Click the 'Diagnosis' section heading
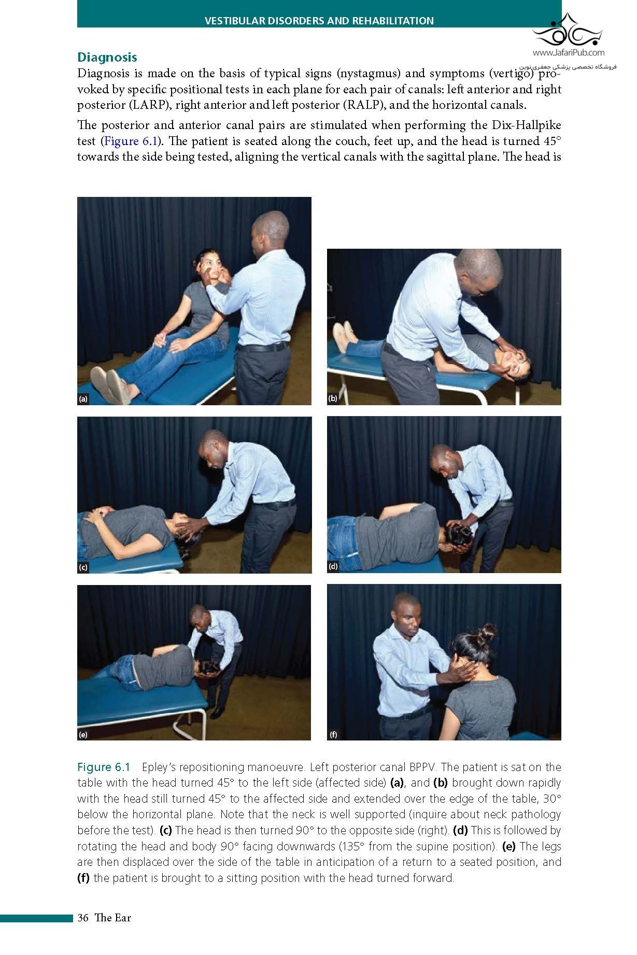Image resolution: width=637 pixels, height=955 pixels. pos(107,57)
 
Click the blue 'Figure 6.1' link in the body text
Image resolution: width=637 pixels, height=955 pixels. pos(130,141)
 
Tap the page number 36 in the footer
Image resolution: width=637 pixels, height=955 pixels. pos(83,918)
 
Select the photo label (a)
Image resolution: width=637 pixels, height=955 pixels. pos(83,399)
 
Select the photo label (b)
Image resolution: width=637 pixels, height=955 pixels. pos(333,398)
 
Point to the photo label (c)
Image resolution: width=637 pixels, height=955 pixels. pos(83,567)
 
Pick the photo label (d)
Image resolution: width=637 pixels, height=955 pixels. pos(333,566)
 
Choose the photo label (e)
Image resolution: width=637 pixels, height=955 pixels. pos(83,734)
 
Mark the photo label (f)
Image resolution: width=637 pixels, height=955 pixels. pos(333,734)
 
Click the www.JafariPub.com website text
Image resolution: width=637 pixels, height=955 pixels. pos(568,52)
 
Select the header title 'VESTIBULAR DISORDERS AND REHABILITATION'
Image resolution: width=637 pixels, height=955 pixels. pos(319,21)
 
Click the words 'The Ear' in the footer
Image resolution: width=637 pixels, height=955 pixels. pos(113,918)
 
